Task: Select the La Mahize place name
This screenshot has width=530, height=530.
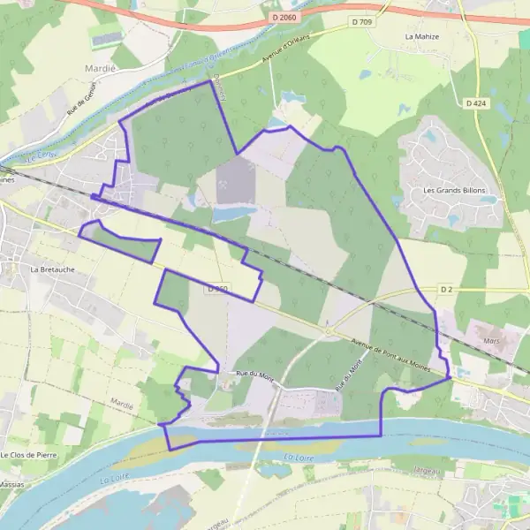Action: [x=421, y=37]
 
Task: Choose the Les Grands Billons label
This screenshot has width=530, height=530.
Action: [x=448, y=190]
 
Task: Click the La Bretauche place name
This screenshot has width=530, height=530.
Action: [x=49, y=269]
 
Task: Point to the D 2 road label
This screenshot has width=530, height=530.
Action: [x=446, y=289]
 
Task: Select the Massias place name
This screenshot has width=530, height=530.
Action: [x=11, y=484]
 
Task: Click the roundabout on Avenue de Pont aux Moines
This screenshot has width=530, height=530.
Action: [x=329, y=331]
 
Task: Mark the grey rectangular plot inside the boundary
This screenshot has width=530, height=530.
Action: [x=235, y=181]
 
